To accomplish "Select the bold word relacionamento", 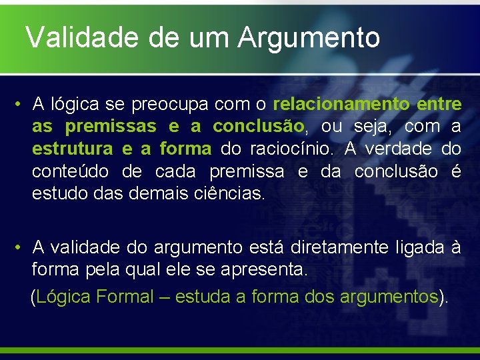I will [x=341, y=104].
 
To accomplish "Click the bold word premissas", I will [x=111, y=126].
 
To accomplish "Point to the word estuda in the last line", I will [x=203, y=297].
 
